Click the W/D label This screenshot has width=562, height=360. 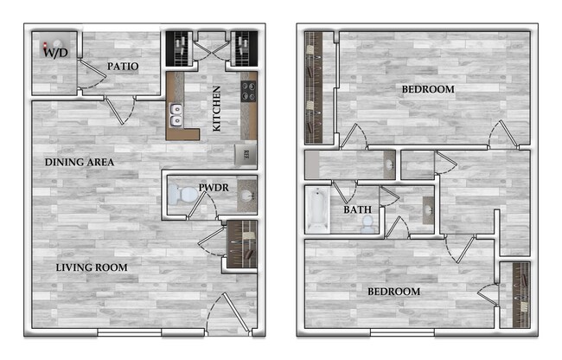(56, 53)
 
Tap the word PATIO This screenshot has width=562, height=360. (124, 67)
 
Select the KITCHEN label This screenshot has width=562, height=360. (217, 108)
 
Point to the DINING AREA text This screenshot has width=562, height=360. (80, 162)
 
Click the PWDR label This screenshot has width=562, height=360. (212, 186)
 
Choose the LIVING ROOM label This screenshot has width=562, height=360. (92, 267)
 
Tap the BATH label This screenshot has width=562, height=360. (358, 209)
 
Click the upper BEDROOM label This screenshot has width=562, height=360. (428, 89)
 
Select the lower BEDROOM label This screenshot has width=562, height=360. (393, 292)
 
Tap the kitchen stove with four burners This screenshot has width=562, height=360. (247, 90)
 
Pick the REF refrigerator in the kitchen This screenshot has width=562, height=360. (246, 154)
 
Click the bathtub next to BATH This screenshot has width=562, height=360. (316, 210)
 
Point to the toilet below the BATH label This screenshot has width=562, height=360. (367, 224)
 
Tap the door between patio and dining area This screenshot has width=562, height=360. (118, 108)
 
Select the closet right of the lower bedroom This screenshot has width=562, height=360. (520, 293)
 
